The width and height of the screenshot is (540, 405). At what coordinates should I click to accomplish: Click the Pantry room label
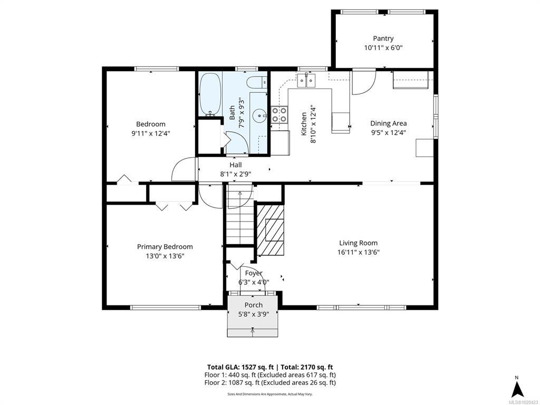(383, 38)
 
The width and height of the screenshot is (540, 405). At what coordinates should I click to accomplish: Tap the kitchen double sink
(306, 81)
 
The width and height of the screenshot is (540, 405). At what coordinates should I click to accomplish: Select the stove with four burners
(279, 114)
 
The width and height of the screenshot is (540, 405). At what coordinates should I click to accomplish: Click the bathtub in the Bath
(210, 94)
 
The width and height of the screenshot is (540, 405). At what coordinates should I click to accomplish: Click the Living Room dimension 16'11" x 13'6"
(358, 252)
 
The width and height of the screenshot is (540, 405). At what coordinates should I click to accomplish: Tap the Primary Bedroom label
(165, 247)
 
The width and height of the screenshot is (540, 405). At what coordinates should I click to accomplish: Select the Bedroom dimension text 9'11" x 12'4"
(150, 133)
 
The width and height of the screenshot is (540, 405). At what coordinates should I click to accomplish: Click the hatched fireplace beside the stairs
(271, 230)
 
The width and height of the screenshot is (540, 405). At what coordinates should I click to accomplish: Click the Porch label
(254, 305)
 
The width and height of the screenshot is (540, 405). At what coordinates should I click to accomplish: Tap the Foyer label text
(254, 274)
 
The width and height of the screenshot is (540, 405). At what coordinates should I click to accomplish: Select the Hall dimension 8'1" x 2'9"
(236, 174)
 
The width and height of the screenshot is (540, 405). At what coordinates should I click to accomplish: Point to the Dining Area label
(389, 123)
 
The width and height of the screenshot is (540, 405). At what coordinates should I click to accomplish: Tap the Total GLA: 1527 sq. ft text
(243, 367)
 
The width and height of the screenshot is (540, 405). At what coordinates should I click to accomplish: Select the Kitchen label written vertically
(304, 123)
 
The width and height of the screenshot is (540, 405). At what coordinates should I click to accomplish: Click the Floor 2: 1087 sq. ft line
(270, 383)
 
